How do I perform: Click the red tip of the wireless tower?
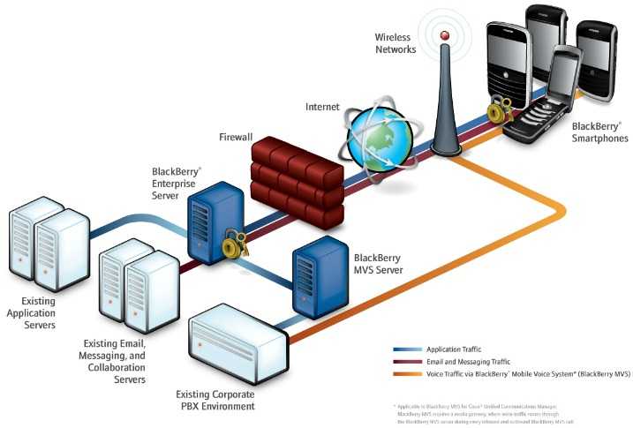445,35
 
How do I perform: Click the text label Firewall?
236,139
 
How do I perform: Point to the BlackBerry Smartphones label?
599,133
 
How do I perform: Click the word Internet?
322,107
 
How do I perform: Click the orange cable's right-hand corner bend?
558,211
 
